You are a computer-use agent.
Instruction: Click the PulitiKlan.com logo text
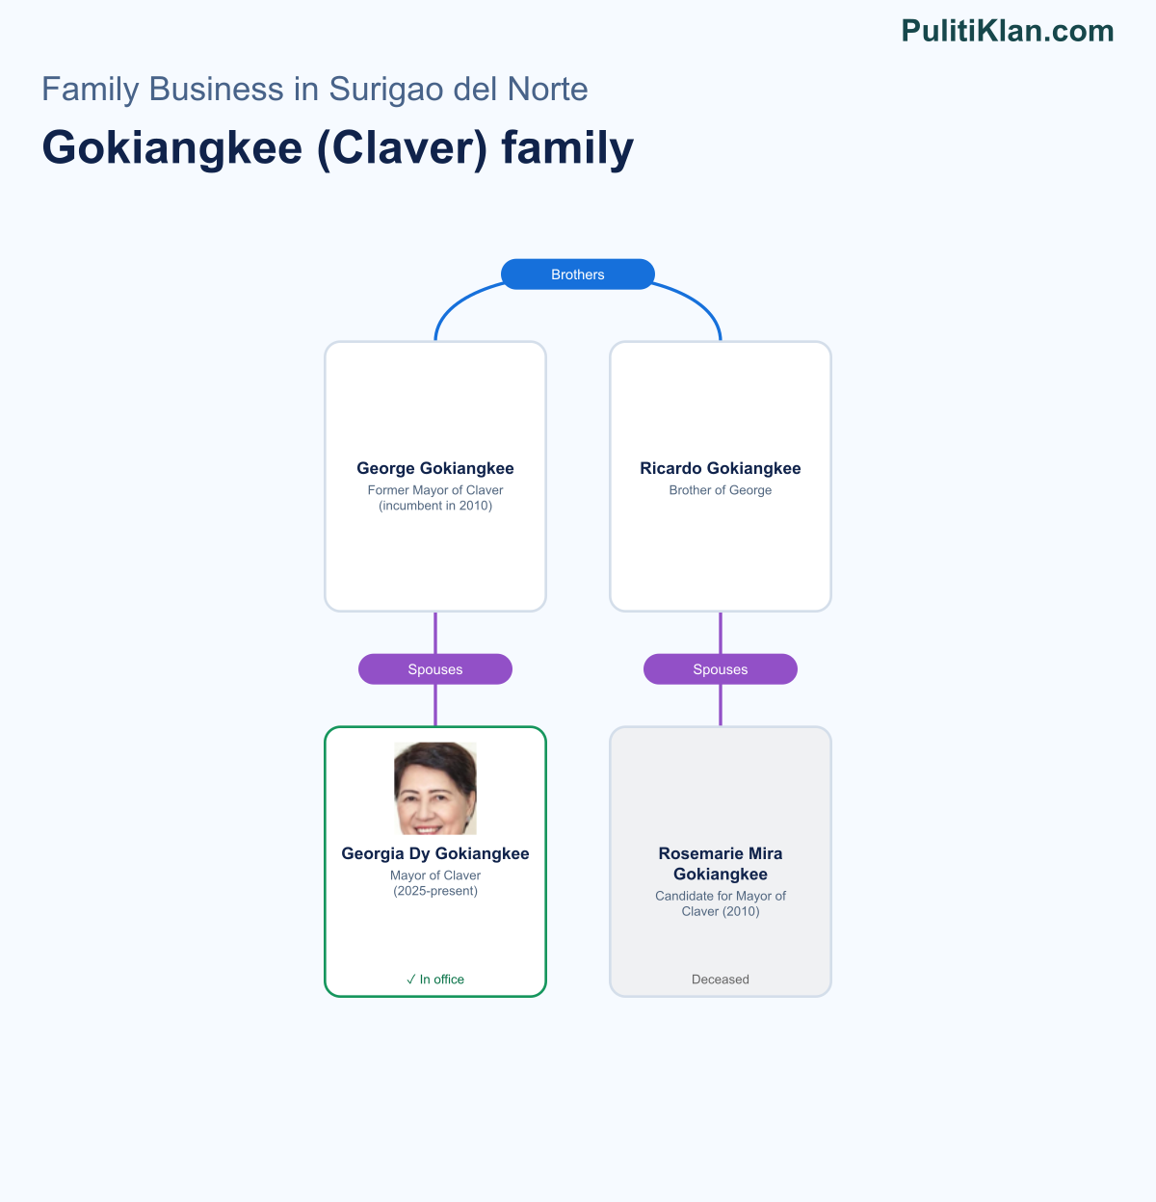pos(1007,31)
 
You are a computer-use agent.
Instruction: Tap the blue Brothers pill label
pos(578,274)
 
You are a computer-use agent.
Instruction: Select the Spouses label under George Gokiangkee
pos(435,669)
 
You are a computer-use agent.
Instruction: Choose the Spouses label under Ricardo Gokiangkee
pos(721,669)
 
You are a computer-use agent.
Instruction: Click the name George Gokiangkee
pos(435,468)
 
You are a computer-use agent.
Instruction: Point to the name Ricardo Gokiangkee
pos(721,468)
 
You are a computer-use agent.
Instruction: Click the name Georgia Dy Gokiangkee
pos(435,853)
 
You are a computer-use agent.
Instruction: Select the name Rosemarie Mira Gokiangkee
pos(721,864)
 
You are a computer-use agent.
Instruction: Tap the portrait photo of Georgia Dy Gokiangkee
pos(435,788)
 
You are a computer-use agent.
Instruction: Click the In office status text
pos(442,979)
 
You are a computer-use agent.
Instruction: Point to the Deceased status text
pos(721,979)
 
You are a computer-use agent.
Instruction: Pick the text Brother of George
pos(721,490)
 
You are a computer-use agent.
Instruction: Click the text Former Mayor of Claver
pos(435,490)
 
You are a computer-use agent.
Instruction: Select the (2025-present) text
pos(435,891)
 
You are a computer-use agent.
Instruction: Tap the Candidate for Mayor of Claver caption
pos(721,903)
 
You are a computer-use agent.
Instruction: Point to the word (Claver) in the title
pos(403,148)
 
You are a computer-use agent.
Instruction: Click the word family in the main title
pos(567,148)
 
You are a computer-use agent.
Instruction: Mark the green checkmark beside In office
pos(411,979)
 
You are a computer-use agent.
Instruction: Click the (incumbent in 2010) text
pos(435,506)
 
